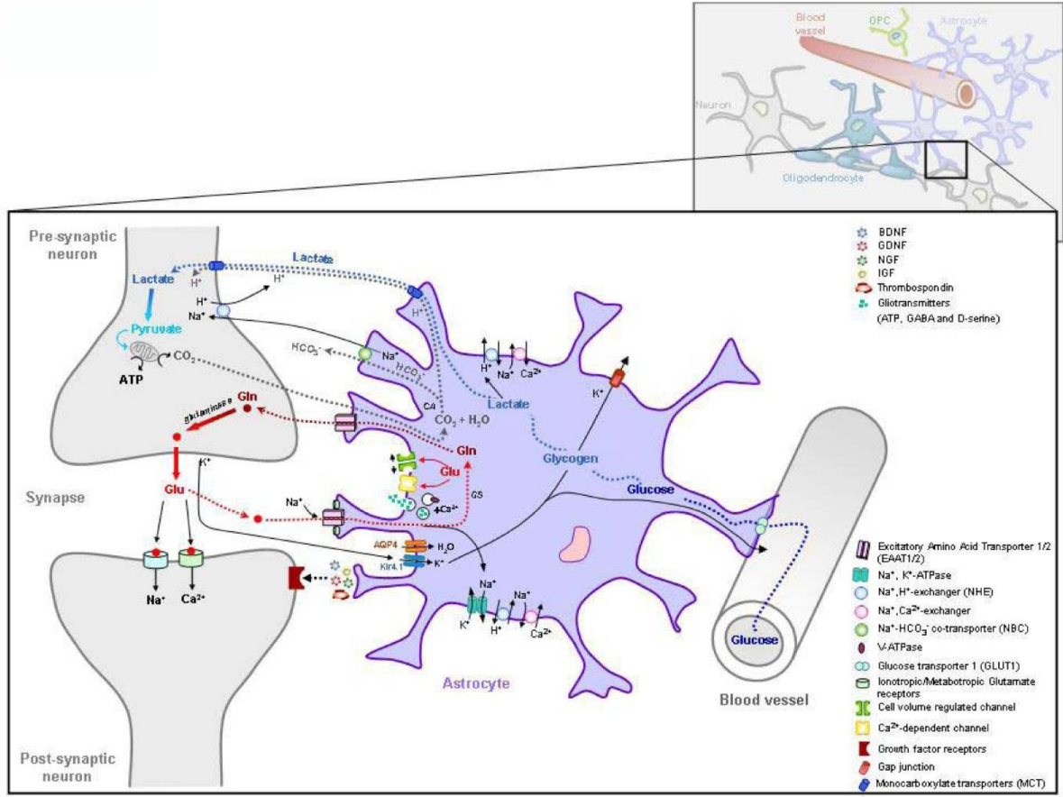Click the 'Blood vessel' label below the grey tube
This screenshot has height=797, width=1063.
(x=754, y=698)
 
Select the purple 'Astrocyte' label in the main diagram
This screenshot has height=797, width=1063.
(x=475, y=683)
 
